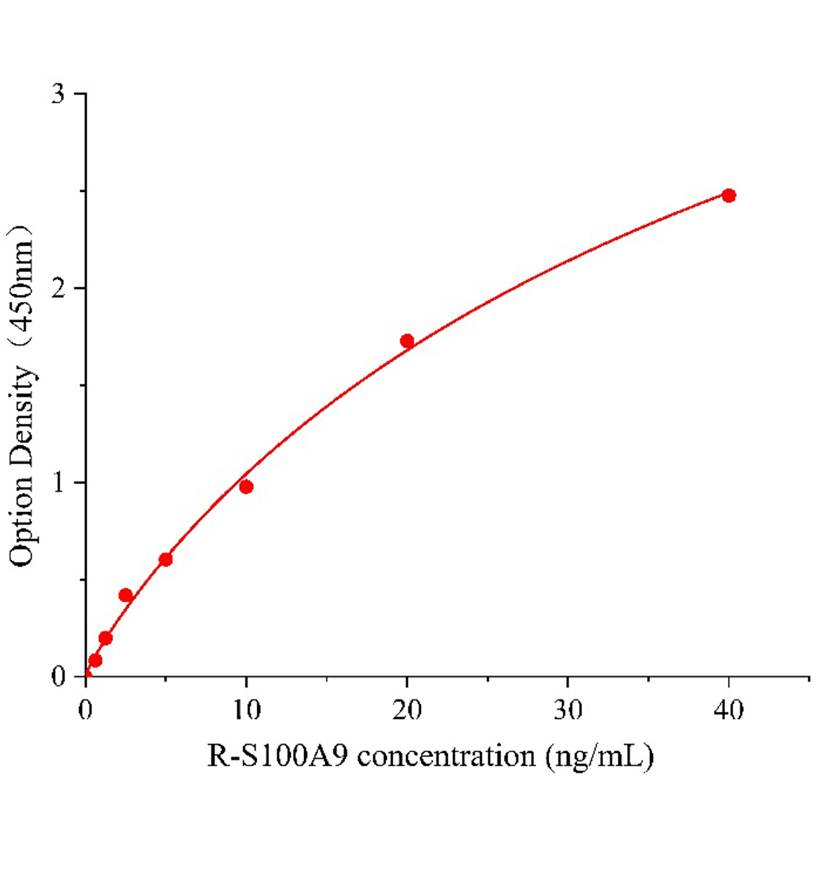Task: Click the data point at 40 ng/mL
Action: click(x=729, y=195)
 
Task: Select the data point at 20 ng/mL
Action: click(x=407, y=341)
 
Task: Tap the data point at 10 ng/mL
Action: click(x=246, y=487)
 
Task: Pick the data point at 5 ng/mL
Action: click(x=166, y=559)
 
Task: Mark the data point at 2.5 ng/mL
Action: click(x=126, y=595)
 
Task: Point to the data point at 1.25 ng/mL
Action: click(x=106, y=638)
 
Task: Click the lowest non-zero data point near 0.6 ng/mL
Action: click(x=95, y=660)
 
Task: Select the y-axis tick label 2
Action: click(x=59, y=288)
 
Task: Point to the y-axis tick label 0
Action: click(x=59, y=677)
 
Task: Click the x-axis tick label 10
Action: click(x=246, y=710)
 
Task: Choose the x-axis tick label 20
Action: click(x=407, y=710)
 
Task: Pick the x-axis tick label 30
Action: click(x=568, y=710)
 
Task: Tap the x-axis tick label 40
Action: click(x=729, y=710)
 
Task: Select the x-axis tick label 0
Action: click(x=86, y=710)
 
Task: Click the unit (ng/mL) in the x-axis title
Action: click(x=599, y=757)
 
